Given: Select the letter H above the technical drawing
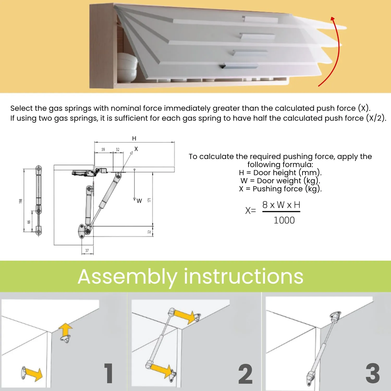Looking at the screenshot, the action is click(134, 138).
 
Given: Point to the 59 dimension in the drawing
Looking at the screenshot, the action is click(103, 150).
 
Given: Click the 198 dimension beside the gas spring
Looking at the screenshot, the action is click(21, 201).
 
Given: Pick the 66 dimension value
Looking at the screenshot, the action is click(29, 222).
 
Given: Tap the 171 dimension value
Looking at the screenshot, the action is click(149, 200).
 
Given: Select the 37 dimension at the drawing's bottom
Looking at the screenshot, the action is click(87, 251).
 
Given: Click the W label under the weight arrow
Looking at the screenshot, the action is click(139, 201).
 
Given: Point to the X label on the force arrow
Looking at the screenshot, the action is click(136, 149).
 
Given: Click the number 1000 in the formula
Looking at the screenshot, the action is click(284, 221).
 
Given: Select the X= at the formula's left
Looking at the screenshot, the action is click(251, 210).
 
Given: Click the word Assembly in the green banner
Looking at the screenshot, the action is click(127, 277).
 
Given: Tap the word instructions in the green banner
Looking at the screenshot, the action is click(244, 276).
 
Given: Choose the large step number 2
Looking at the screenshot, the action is click(246, 374).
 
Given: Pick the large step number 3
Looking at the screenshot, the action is click(373, 373).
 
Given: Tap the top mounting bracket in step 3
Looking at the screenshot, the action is click(336, 316).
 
